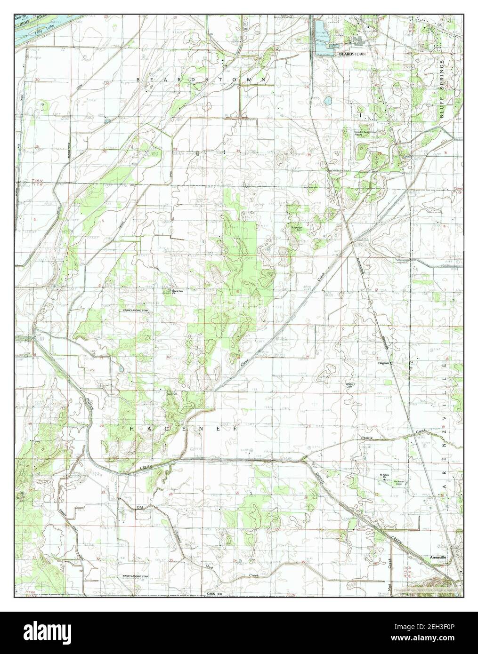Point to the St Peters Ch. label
[387, 476]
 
